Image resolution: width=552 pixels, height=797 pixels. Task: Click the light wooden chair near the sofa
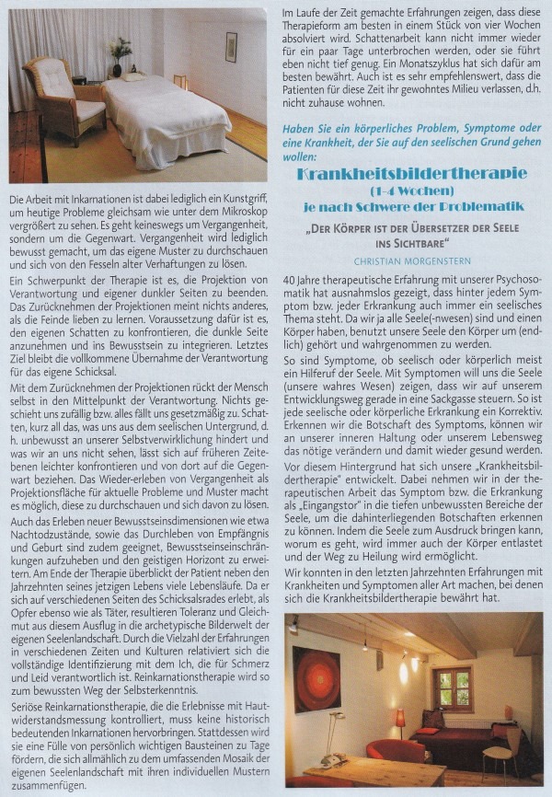pyautogui.click(x=500, y=746)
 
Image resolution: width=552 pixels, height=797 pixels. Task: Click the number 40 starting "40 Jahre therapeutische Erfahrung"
pyautogui.click(x=291, y=280)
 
